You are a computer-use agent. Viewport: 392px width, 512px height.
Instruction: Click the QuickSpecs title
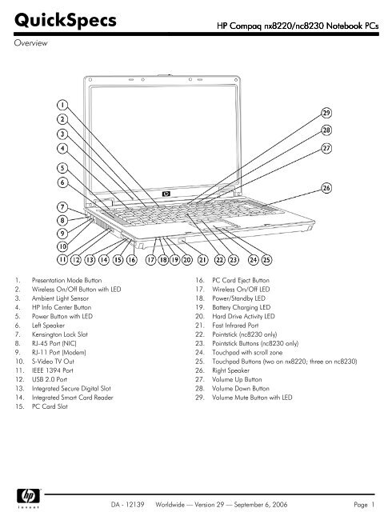(x=66, y=20)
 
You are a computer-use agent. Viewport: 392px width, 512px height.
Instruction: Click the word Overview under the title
(x=30, y=42)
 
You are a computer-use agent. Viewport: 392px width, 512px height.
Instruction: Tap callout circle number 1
(x=62, y=105)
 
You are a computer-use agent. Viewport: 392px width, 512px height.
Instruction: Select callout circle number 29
(x=326, y=113)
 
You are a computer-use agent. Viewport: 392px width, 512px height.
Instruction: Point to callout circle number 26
(x=326, y=188)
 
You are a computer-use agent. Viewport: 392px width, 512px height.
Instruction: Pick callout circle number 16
(x=132, y=260)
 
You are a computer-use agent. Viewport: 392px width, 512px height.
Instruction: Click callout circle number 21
(x=202, y=260)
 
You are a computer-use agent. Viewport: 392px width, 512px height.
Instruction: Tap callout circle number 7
(x=62, y=207)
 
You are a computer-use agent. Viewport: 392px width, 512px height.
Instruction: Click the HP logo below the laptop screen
(x=166, y=194)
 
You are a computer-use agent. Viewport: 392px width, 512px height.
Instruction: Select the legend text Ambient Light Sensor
(x=60, y=298)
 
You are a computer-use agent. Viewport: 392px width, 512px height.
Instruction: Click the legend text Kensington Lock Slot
(x=60, y=334)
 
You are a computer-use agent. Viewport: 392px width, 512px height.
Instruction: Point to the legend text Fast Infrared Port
(x=235, y=326)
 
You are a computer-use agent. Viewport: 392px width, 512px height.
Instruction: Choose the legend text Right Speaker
(x=230, y=370)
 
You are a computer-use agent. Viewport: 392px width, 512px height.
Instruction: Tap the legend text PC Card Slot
(x=50, y=406)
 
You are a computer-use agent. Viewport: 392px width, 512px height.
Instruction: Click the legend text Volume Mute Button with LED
(x=252, y=398)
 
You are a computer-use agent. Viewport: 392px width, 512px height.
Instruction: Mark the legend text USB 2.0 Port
(x=50, y=379)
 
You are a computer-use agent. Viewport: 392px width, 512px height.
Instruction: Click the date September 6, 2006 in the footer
(x=261, y=505)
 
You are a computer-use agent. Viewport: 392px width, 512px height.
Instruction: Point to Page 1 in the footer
(x=364, y=505)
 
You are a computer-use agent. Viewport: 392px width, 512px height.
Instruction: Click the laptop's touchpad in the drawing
(x=226, y=225)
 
